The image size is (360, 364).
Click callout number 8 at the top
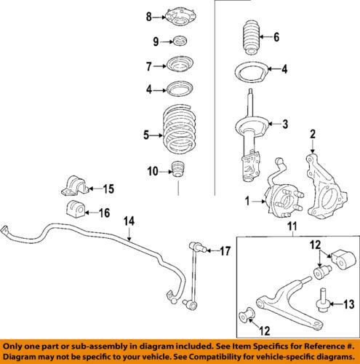click(x=150, y=16)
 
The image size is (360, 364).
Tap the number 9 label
click(x=154, y=41)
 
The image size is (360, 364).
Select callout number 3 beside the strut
click(x=286, y=124)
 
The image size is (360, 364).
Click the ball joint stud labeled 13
click(x=321, y=301)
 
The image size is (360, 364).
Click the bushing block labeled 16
click(x=73, y=213)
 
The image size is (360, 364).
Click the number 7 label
click(x=150, y=66)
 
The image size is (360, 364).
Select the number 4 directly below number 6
click(x=285, y=71)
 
